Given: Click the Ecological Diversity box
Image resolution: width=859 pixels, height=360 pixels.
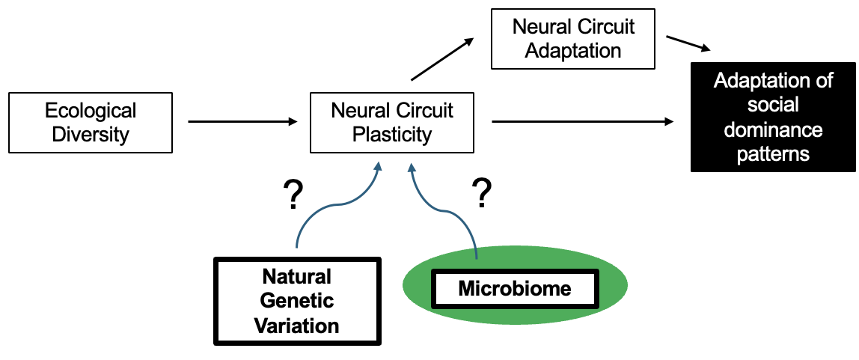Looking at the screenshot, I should point(90,123).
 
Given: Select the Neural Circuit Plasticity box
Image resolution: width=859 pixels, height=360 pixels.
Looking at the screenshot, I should point(392,123).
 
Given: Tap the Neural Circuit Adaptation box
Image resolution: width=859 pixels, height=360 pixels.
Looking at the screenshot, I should point(572,39).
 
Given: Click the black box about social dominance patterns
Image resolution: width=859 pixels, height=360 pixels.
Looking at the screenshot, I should point(772,118).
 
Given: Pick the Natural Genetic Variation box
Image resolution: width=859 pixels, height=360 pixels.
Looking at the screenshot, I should point(297,301).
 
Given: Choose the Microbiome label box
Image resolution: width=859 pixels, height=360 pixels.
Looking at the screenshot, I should point(514,287).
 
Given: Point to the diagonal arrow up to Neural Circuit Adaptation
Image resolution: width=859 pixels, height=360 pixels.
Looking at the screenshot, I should point(443,59).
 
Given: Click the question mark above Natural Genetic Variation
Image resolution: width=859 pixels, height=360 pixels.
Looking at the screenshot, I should point(293,195).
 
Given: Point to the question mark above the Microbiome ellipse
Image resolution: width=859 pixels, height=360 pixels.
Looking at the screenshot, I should point(483,193).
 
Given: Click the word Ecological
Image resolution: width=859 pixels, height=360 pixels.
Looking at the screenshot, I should point(90,112).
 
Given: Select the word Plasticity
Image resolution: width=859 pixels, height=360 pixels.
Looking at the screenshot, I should point(392,135).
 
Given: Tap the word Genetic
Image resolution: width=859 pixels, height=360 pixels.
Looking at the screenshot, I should point(297,301).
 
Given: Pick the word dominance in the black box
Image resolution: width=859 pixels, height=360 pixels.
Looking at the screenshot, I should point(772,129).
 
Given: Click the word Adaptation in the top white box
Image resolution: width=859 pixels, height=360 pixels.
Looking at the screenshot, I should point(572,51).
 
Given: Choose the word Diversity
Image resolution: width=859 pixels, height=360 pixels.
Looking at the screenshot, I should point(90,135).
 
